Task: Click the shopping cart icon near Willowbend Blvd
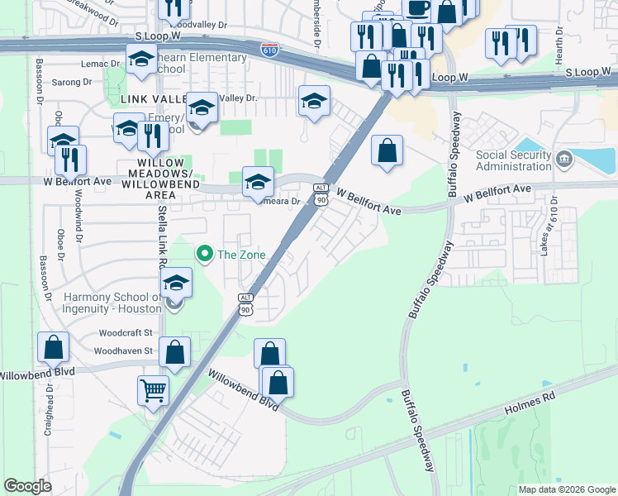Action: pos(154,390)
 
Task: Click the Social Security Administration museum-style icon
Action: pos(563,158)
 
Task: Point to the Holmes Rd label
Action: pos(530,403)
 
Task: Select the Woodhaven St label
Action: pos(123,351)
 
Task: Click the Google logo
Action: pos(27,487)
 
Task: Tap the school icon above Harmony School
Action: pos(176,284)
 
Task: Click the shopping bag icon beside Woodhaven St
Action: pos(176,353)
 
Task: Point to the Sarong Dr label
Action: pos(72,83)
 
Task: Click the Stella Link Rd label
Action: pos(163,240)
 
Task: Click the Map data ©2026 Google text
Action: pos(567,489)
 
